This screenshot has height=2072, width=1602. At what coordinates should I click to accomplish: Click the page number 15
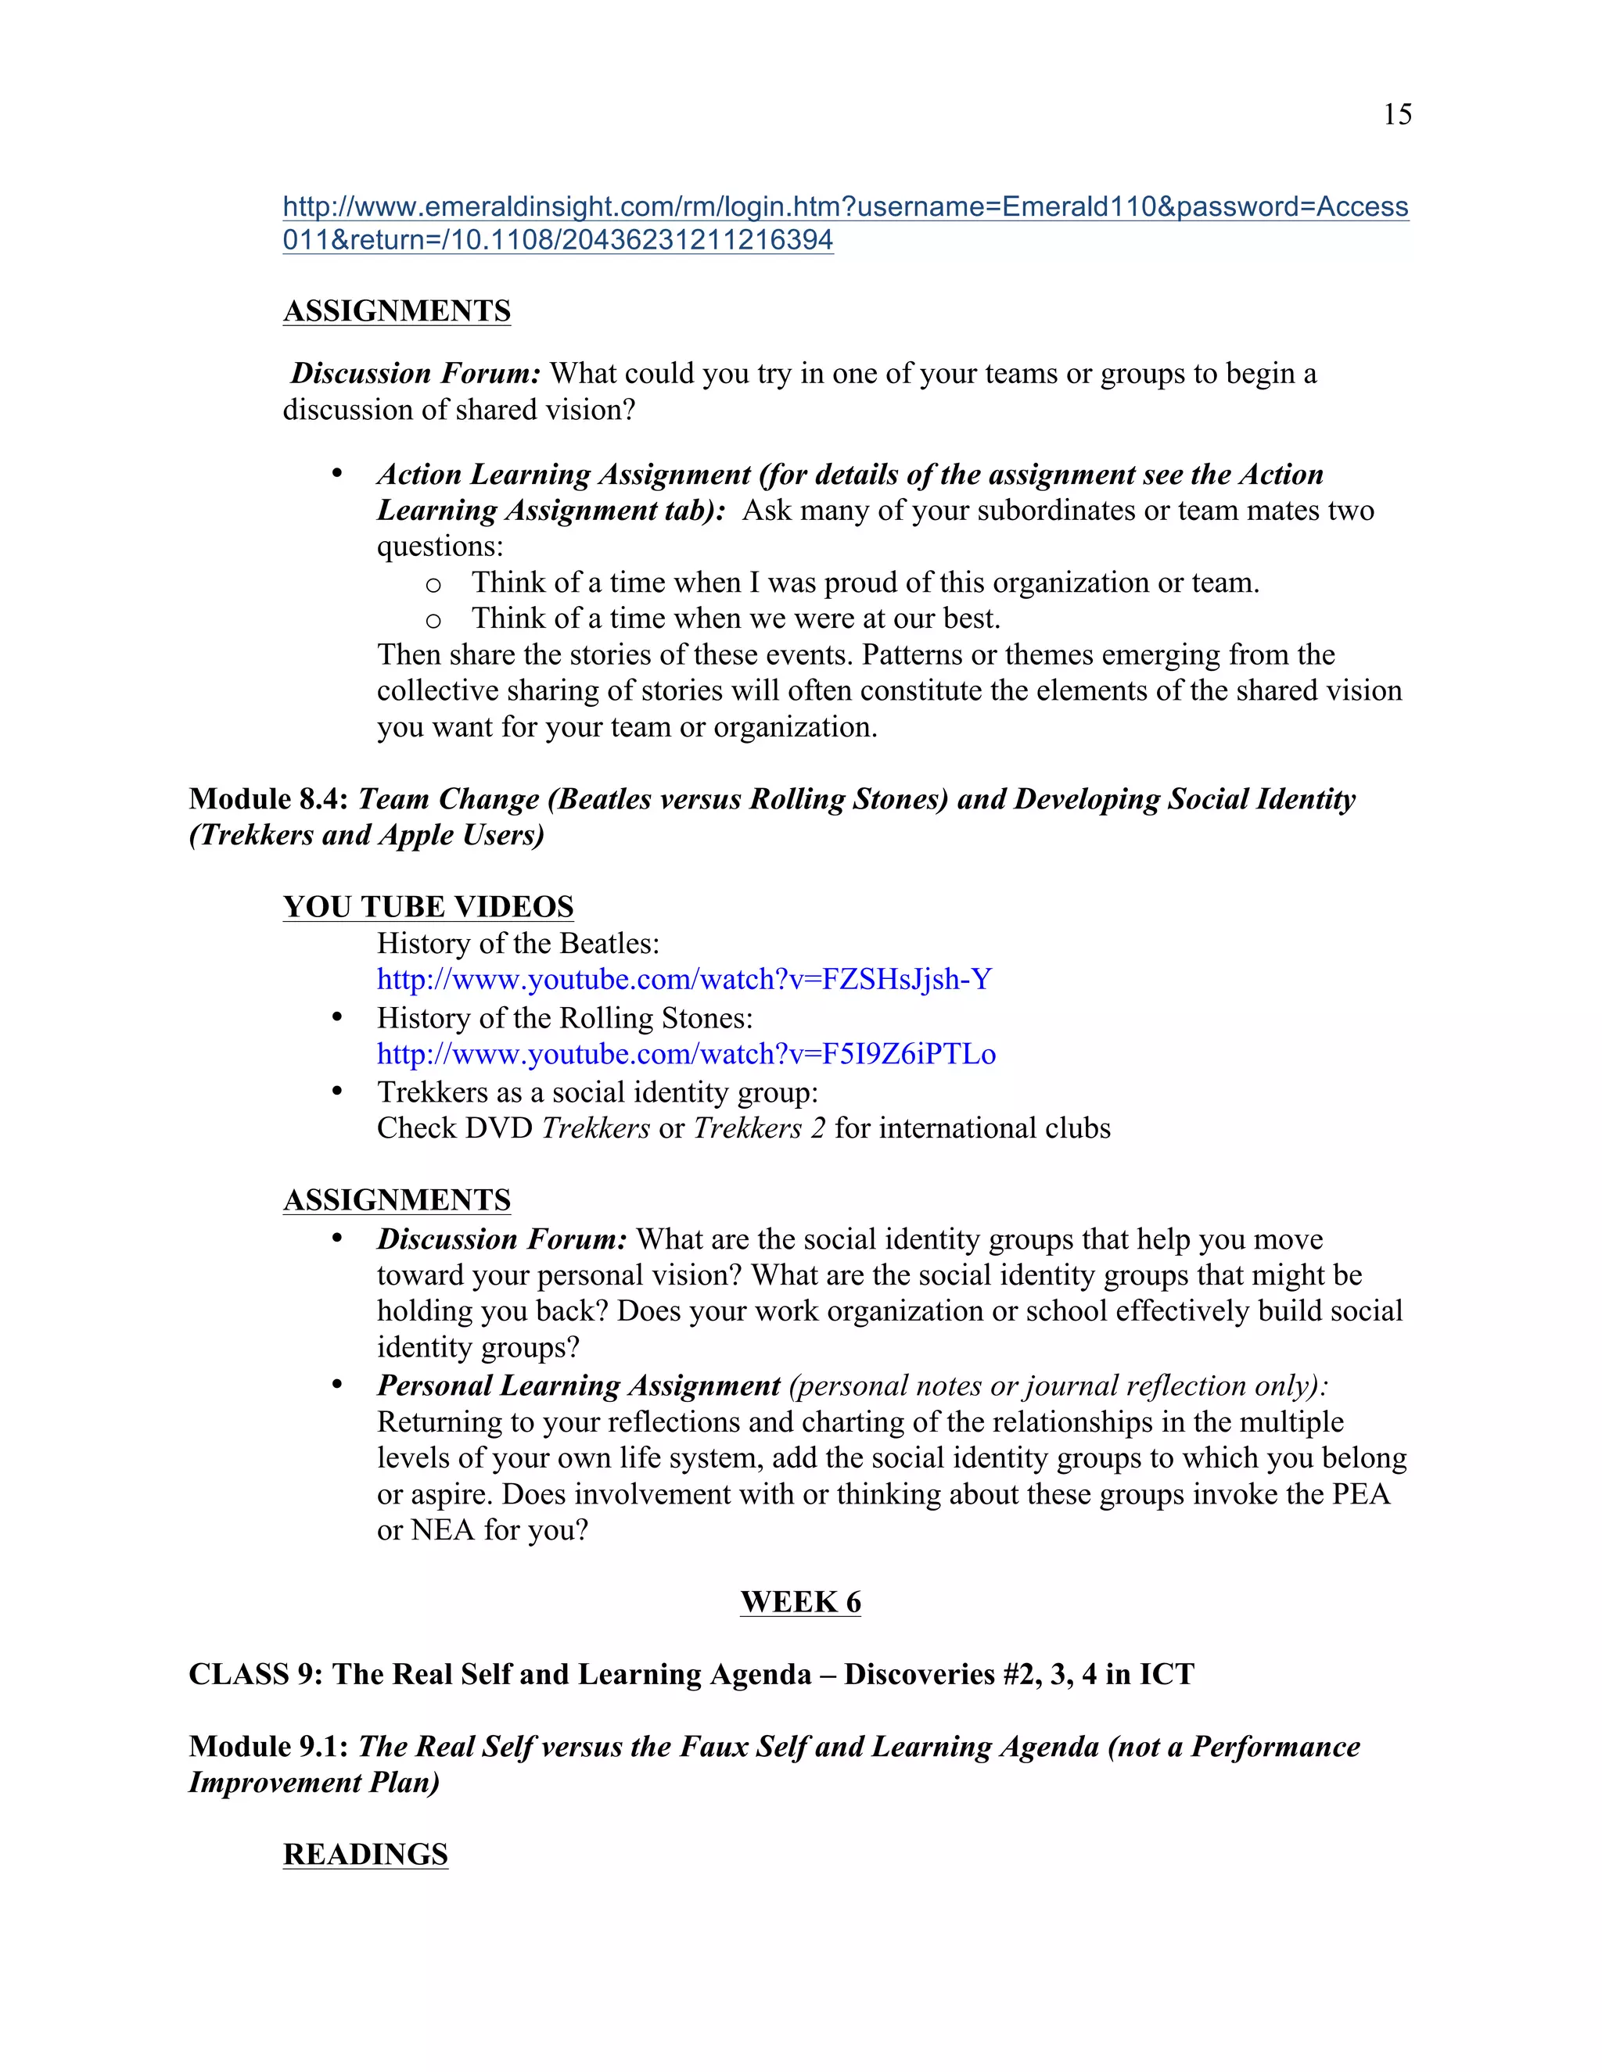pos(1397,115)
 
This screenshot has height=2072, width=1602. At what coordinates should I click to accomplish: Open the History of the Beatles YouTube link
pos(684,979)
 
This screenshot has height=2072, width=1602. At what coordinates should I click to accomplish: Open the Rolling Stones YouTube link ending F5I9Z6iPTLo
pos(685,1054)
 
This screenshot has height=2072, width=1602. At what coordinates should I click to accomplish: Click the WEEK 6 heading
pos(800,1602)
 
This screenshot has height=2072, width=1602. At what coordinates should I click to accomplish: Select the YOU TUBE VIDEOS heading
pos(428,907)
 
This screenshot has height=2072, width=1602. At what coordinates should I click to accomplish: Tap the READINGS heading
pos(365,1855)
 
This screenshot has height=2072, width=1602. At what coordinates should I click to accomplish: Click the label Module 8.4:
pos(268,799)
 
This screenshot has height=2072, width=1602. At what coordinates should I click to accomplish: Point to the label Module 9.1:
pos(268,1747)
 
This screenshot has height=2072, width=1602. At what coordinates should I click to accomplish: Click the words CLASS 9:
pos(255,1675)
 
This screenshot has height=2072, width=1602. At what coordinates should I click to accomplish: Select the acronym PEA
pos(1361,1494)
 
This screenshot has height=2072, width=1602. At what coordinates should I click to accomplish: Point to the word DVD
pos(502,1128)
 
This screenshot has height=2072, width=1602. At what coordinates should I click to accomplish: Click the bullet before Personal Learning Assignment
pos(337,1386)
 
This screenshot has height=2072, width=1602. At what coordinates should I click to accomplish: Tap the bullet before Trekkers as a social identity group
pos(337,1092)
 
